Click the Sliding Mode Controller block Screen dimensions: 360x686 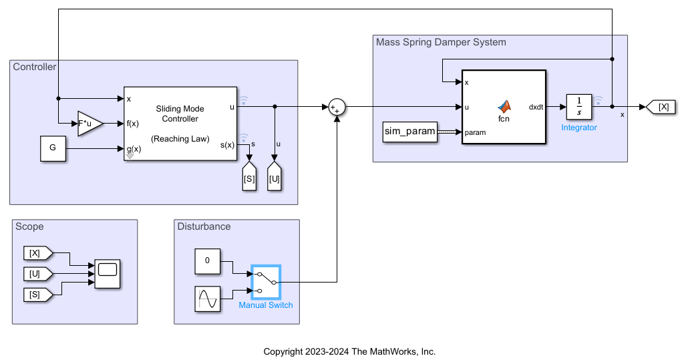[x=180, y=124]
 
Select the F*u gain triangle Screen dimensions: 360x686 [x=90, y=124]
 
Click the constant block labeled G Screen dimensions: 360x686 [x=53, y=149]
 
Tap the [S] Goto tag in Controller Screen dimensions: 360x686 [x=249, y=178]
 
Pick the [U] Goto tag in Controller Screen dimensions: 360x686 [x=275, y=178]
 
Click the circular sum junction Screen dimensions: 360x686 [x=336, y=107]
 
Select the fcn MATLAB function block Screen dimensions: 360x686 [x=504, y=107]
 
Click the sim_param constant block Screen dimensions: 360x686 [x=410, y=132]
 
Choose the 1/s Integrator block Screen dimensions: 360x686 [x=578, y=106]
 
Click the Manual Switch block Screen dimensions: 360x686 [x=266, y=283]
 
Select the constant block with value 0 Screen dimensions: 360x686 [x=207, y=261]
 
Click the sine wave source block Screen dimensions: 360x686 [x=207, y=299]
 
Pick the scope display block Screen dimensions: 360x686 [x=108, y=273]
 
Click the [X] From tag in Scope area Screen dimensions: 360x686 [x=37, y=253]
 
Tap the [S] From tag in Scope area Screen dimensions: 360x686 [x=37, y=294]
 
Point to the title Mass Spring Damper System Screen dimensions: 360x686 [x=441, y=42]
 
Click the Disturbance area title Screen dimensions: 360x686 [x=204, y=226]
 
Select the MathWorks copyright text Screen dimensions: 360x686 [x=349, y=351]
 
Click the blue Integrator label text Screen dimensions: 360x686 [x=578, y=128]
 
